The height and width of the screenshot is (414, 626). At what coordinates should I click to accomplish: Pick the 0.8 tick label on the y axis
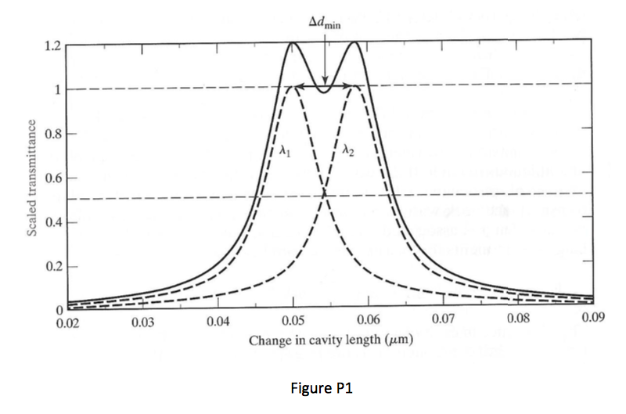(x=52, y=134)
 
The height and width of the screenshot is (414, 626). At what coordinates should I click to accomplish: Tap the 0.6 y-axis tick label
(x=52, y=178)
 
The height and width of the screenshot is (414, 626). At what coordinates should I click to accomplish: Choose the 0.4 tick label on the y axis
(x=52, y=223)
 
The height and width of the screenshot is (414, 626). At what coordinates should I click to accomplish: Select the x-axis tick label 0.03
(x=142, y=323)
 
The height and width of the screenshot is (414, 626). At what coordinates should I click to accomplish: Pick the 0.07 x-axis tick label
(x=443, y=323)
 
